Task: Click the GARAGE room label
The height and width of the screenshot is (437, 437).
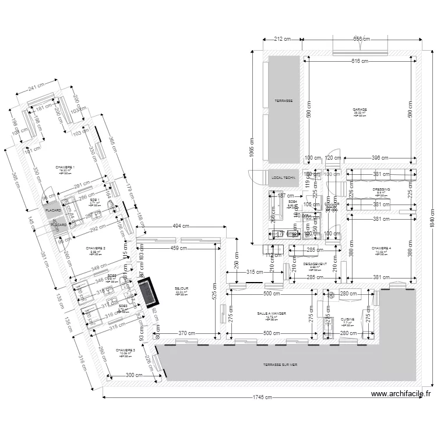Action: pos(359,110)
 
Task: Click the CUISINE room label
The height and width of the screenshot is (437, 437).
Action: pos(347,319)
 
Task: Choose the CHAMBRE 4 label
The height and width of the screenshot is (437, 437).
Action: pos(382,249)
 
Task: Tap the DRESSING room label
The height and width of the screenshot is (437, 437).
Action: pos(382,190)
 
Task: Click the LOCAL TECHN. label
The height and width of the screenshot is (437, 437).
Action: pos(284,177)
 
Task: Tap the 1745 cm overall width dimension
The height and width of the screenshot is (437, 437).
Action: pos(262,399)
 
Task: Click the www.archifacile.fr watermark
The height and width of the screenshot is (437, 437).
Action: pos(401,394)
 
